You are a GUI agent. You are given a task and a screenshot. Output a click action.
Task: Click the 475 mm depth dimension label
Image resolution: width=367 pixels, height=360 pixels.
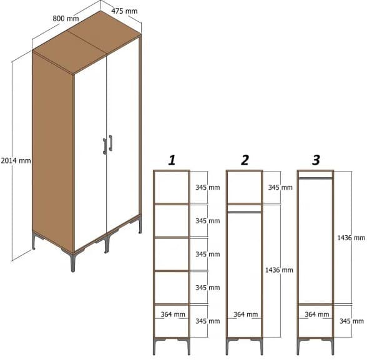tap(125, 11)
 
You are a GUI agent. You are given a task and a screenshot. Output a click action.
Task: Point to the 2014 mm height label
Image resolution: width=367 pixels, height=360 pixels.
tap(16, 160)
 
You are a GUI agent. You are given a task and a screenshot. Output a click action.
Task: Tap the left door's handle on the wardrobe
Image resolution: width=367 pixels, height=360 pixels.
tap(104, 145)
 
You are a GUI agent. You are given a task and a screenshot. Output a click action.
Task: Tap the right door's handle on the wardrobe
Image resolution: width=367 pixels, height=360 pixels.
tap(110, 143)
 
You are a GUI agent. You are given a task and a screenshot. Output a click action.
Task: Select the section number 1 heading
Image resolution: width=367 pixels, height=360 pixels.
tap(171, 160)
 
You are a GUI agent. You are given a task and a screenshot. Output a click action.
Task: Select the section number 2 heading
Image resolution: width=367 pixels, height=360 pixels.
tap(245, 160)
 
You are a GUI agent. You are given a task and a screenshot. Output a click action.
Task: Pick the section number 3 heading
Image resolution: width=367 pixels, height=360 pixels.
tap(316, 160)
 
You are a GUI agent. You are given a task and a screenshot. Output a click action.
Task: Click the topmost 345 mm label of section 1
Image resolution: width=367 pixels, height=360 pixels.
tap(207, 187)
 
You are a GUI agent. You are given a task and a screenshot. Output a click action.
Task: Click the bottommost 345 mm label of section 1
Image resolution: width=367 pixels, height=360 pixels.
tap(207, 321)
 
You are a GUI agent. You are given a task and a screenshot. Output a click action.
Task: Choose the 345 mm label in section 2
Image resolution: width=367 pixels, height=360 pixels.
tap(280, 187)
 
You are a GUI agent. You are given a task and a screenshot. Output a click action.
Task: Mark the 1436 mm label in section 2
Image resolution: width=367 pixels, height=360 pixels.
tap(278, 270)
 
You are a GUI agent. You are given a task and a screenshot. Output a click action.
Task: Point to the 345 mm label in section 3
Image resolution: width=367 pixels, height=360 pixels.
tap(351, 321)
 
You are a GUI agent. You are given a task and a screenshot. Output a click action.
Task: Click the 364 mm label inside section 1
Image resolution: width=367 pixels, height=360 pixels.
tap(172, 315)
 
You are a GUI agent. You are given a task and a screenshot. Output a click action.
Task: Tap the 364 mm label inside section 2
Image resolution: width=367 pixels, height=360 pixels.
tap(244, 315)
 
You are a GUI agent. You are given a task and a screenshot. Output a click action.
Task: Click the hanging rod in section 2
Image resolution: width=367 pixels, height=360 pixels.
tap(244, 212)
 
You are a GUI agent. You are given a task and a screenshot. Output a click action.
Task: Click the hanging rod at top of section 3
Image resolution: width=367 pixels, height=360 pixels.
tap(316, 178)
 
